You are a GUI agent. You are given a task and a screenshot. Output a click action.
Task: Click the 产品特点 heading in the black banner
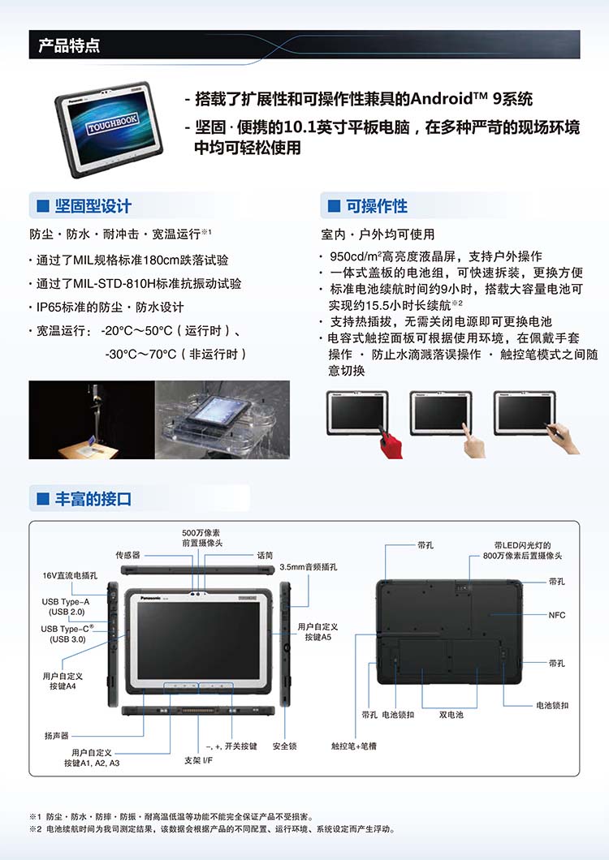[x=69, y=45]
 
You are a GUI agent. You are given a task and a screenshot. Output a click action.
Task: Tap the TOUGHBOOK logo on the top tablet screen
[x=113, y=123]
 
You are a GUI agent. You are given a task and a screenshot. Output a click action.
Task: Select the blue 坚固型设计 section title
[x=93, y=206]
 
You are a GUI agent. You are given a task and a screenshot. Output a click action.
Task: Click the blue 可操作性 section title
[x=377, y=206]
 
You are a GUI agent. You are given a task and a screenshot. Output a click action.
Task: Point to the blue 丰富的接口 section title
[x=93, y=499]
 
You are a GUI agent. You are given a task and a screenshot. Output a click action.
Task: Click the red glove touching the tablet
[x=391, y=443]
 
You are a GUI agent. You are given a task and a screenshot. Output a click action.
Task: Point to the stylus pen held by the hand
[x=555, y=431]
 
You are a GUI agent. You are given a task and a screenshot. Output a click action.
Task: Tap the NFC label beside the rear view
[x=557, y=615]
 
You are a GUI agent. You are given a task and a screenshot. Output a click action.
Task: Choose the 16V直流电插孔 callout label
[x=70, y=575]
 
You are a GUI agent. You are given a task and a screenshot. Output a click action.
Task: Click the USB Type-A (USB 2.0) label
[x=66, y=607]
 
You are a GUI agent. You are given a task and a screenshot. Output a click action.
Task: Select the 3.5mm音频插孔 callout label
[x=308, y=567]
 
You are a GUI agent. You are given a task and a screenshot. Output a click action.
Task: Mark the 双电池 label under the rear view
[x=451, y=715]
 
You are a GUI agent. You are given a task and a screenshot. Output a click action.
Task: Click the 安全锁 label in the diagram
[x=284, y=746]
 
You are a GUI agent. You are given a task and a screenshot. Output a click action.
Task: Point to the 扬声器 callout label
[x=57, y=736]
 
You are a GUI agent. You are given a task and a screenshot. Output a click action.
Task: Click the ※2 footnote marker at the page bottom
[x=35, y=829]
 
